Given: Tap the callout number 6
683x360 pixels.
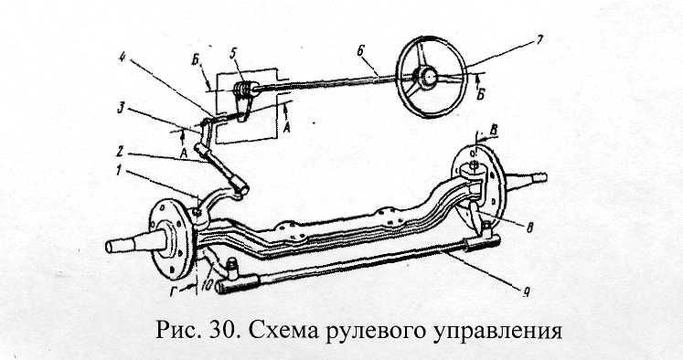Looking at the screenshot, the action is [360, 51].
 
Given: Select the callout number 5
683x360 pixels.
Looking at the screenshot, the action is [234, 54].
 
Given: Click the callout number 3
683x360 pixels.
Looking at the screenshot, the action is [122, 108].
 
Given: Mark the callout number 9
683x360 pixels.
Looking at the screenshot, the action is [526, 292].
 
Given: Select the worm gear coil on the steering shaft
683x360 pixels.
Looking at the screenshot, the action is [242, 89].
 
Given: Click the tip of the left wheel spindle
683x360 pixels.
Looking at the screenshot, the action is [108, 247].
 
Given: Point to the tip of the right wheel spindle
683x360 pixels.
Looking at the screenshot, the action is [545, 176].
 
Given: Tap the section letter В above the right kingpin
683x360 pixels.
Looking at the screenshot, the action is [494, 130].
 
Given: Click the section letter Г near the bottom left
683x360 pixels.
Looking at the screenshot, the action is [174, 291].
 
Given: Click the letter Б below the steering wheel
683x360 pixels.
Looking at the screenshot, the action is [480, 95].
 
